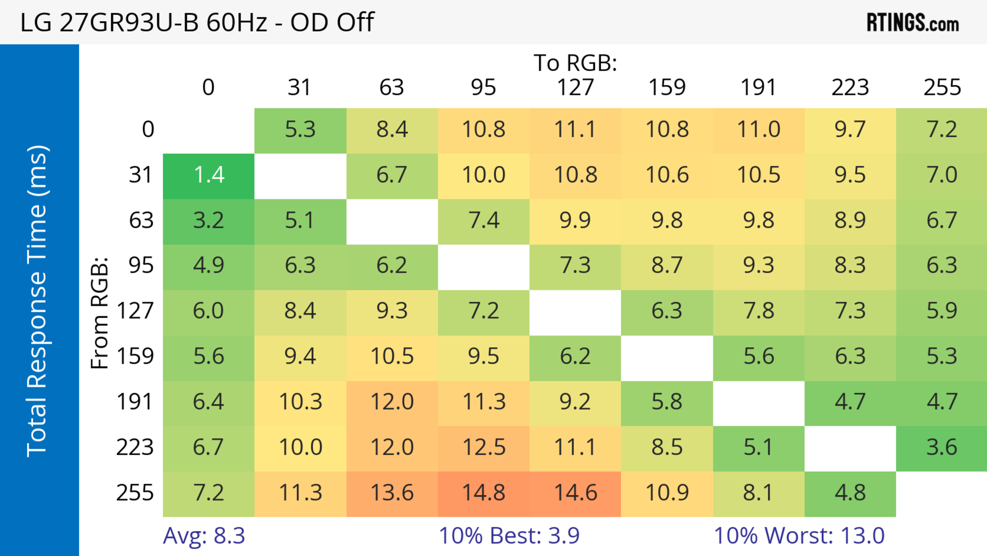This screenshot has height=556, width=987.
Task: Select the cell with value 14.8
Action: coord(483,493)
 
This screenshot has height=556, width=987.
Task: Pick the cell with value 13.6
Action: coord(392,493)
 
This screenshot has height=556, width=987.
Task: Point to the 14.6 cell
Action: coord(575,493)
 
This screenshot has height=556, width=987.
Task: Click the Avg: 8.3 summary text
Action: coord(204,536)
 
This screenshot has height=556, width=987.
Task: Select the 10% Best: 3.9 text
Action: coord(509,536)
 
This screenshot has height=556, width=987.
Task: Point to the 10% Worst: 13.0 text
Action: coord(799,536)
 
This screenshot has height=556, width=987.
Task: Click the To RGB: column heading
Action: coord(575,63)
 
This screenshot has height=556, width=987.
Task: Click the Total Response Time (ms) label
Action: coord(38,301)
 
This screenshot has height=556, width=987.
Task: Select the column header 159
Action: coord(667,87)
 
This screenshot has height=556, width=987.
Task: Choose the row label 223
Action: coord(135,447)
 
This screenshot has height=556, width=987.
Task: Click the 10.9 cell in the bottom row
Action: coord(667,493)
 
